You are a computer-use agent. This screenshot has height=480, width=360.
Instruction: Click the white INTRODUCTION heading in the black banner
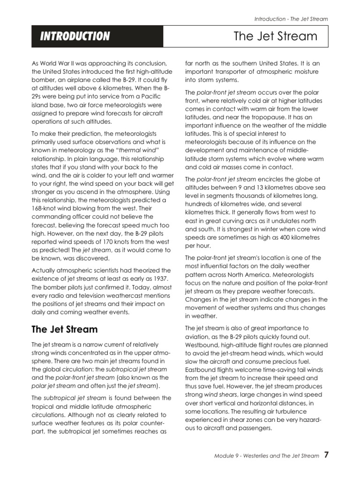(x=75, y=37)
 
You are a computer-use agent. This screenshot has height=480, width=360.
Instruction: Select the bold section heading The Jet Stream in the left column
(x=64, y=329)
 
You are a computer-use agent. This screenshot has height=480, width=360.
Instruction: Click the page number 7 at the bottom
(x=326, y=455)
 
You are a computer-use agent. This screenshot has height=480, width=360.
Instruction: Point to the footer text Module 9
(x=227, y=456)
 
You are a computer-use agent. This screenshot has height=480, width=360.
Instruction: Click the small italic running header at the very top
(x=291, y=19)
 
